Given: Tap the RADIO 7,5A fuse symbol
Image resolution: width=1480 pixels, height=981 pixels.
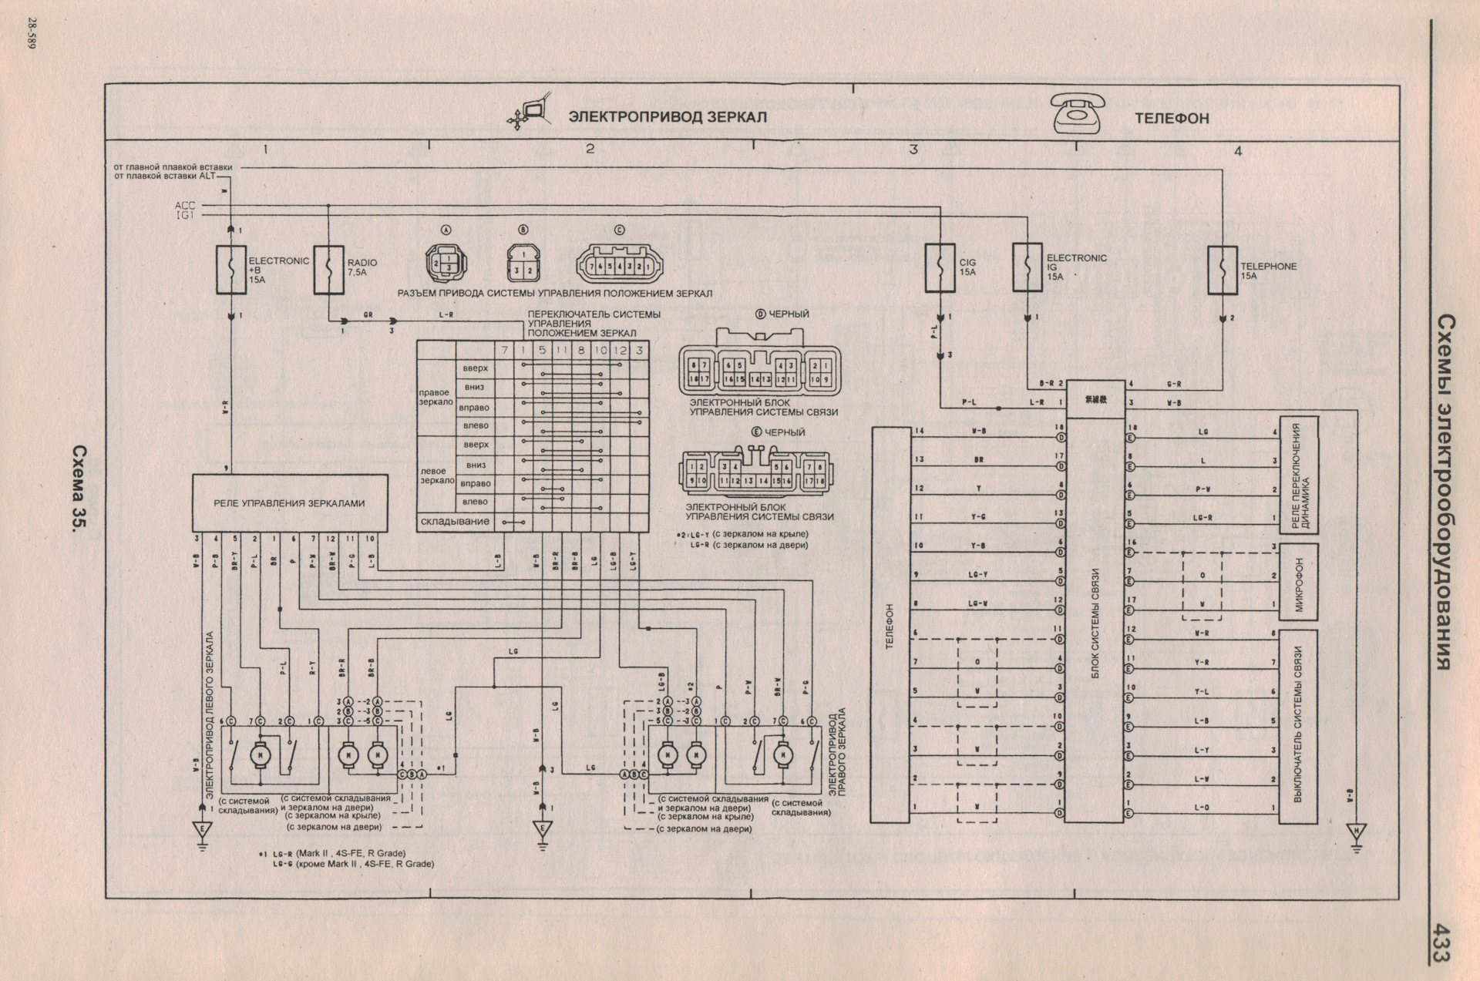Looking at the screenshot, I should point(328,270).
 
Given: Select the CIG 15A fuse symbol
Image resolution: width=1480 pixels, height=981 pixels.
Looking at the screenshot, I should point(940,268).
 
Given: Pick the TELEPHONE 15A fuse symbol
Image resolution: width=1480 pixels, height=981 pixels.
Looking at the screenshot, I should point(1223,270).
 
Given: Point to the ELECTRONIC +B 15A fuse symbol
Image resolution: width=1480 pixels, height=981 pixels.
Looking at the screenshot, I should point(231,270).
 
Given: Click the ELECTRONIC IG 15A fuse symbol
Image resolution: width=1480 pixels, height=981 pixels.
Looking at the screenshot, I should point(1028,267).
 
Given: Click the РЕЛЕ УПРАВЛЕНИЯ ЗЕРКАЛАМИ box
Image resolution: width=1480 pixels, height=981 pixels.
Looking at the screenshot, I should point(289,502).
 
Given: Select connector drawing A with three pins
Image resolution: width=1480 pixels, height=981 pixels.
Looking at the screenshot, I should point(446,265).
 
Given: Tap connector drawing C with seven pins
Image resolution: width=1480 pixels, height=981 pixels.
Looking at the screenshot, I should point(619,267).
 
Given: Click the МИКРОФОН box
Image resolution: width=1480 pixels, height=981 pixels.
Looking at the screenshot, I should point(1298,583).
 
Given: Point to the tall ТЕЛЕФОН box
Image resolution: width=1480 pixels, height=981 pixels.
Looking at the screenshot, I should point(890,624).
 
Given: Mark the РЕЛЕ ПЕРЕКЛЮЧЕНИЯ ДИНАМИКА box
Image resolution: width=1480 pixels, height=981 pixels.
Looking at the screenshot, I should point(1298,475).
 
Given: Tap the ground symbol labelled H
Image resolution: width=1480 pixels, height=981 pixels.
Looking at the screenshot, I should point(1357,833).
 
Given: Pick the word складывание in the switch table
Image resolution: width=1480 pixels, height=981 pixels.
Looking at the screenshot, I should point(455,522).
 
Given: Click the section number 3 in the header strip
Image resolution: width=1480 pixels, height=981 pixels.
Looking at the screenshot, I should point(913,149).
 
